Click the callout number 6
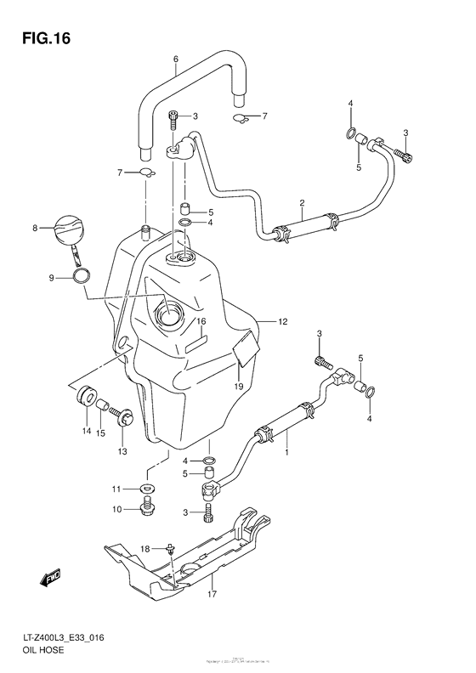tap(175, 59)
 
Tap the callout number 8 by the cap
tap(36, 228)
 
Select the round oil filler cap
tap(69, 229)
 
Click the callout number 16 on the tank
tap(201, 322)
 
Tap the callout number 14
tap(86, 432)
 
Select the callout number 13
tap(122, 451)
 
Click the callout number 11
tap(118, 489)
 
